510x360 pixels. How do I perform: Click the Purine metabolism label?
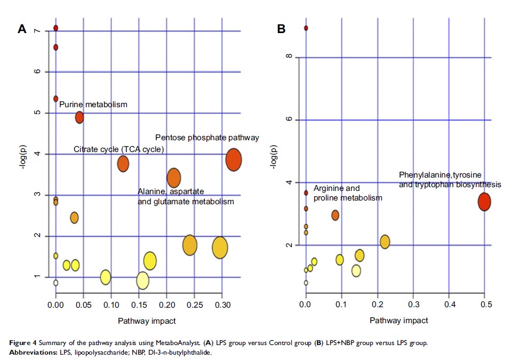(x=93, y=105)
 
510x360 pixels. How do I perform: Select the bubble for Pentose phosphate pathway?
(x=234, y=159)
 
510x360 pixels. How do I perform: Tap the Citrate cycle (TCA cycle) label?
(x=118, y=149)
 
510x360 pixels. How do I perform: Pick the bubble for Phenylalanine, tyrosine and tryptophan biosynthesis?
(x=484, y=202)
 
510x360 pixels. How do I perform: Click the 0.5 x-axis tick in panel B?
(x=484, y=305)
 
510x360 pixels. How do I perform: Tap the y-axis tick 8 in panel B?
(x=289, y=57)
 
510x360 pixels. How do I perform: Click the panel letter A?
(x=22, y=29)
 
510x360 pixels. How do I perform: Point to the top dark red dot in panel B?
(x=306, y=28)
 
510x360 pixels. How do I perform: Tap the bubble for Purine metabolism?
(x=79, y=117)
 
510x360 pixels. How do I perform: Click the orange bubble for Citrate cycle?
(x=123, y=164)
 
